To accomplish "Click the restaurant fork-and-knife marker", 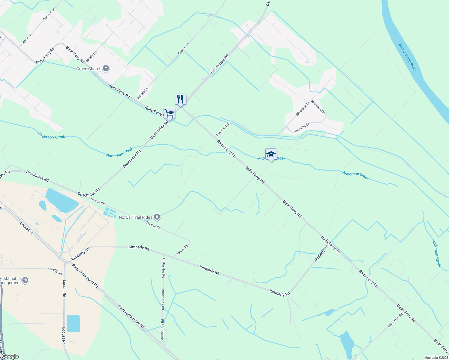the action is [x=180, y=99].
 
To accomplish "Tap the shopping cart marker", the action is [x=169, y=113].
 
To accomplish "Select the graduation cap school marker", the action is [x=271, y=154].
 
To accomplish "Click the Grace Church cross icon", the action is [x=106, y=69].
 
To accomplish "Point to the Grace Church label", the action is [x=89, y=69].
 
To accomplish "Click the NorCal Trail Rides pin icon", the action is [x=157, y=217].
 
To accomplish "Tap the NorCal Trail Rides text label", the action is [x=136, y=217].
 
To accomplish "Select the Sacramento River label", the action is [x=407, y=57].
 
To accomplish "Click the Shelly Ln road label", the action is [x=92, y=56].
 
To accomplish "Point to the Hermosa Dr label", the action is [x=318, y=107].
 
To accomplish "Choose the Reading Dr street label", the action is [x=302, y=127].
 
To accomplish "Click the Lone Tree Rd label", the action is [x=395, y=320].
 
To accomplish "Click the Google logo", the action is [x=10, y=356].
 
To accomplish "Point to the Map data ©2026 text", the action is [x=436, y=358].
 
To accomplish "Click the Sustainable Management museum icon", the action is [x=25, y=280].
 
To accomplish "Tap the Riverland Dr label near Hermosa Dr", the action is [x=303, y=109].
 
